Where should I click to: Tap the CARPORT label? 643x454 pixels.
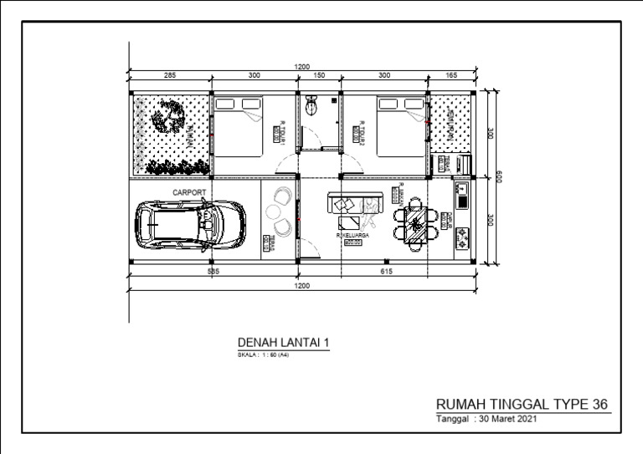click(x=189, y=192)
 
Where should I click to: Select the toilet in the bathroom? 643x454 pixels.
click(x=312, y=106)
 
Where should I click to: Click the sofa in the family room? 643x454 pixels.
click(x=357, y=203)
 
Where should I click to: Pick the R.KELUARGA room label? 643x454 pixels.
click(x=352, y=236)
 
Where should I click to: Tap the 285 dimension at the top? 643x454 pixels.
click(x=170, y=76)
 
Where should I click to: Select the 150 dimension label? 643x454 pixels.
click(x=319, y=76)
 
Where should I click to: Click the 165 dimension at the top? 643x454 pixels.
click(x=452, y=76)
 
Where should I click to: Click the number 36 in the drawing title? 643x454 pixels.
click(x=599, y=404)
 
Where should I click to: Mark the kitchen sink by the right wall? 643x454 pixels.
click(x=461, y=197)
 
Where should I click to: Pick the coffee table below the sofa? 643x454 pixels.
click(x=349, y=222)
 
